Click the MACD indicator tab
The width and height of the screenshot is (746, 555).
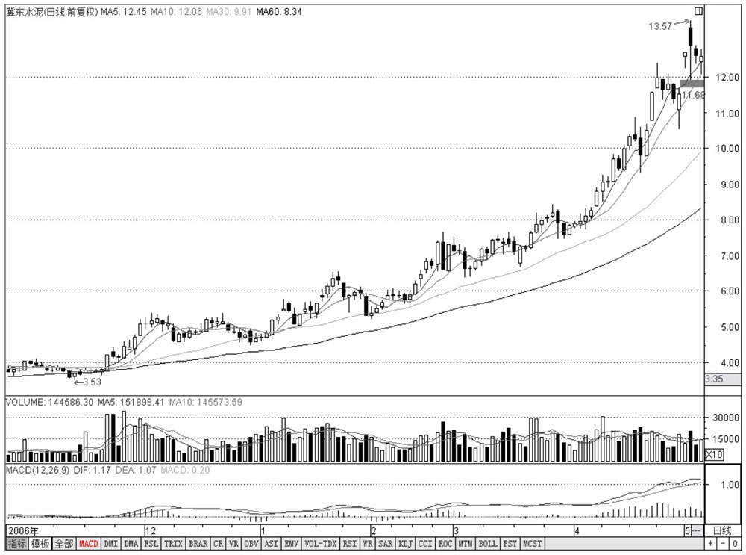click(89, 544)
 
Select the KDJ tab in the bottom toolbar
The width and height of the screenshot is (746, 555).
click(406, 544)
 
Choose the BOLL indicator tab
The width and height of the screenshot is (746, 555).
click(488, 544)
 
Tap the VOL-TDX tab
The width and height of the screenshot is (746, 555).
click(322, 544)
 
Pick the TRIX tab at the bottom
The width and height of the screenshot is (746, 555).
click(173, 544)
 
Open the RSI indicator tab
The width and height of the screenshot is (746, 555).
click(350, 544)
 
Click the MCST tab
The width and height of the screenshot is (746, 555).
click(533, 544)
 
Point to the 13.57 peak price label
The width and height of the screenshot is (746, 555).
click(660, 25)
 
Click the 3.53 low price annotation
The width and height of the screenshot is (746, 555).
click(92, 382)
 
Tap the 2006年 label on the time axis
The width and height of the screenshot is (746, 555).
click(20, 530)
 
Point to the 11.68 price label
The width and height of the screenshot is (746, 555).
click(694, 96)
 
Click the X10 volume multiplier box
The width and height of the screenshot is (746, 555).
click(715, 453)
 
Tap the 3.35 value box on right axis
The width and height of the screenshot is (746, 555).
click(714, 379)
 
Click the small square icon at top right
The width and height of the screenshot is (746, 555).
click(698, 12)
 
